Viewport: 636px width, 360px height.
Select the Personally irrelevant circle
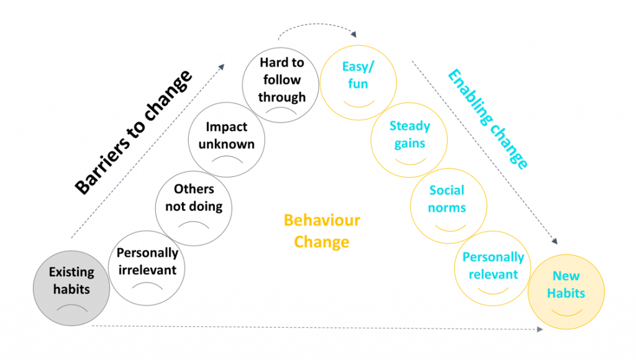pos(147,269)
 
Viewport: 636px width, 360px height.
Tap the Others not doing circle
pos(194,205)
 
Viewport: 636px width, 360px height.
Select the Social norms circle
pos(447,205)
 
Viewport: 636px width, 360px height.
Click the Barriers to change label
pos(134,133)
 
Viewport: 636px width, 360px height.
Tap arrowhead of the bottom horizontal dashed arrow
pos(539,328)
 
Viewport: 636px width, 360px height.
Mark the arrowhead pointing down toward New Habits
pos(553,241)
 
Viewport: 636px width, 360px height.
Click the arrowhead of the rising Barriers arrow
pos(220,64)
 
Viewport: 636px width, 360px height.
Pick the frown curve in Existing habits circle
pos(71,307)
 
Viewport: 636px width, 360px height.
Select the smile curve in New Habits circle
pos(566,310)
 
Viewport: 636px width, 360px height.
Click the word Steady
pos(409,126)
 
